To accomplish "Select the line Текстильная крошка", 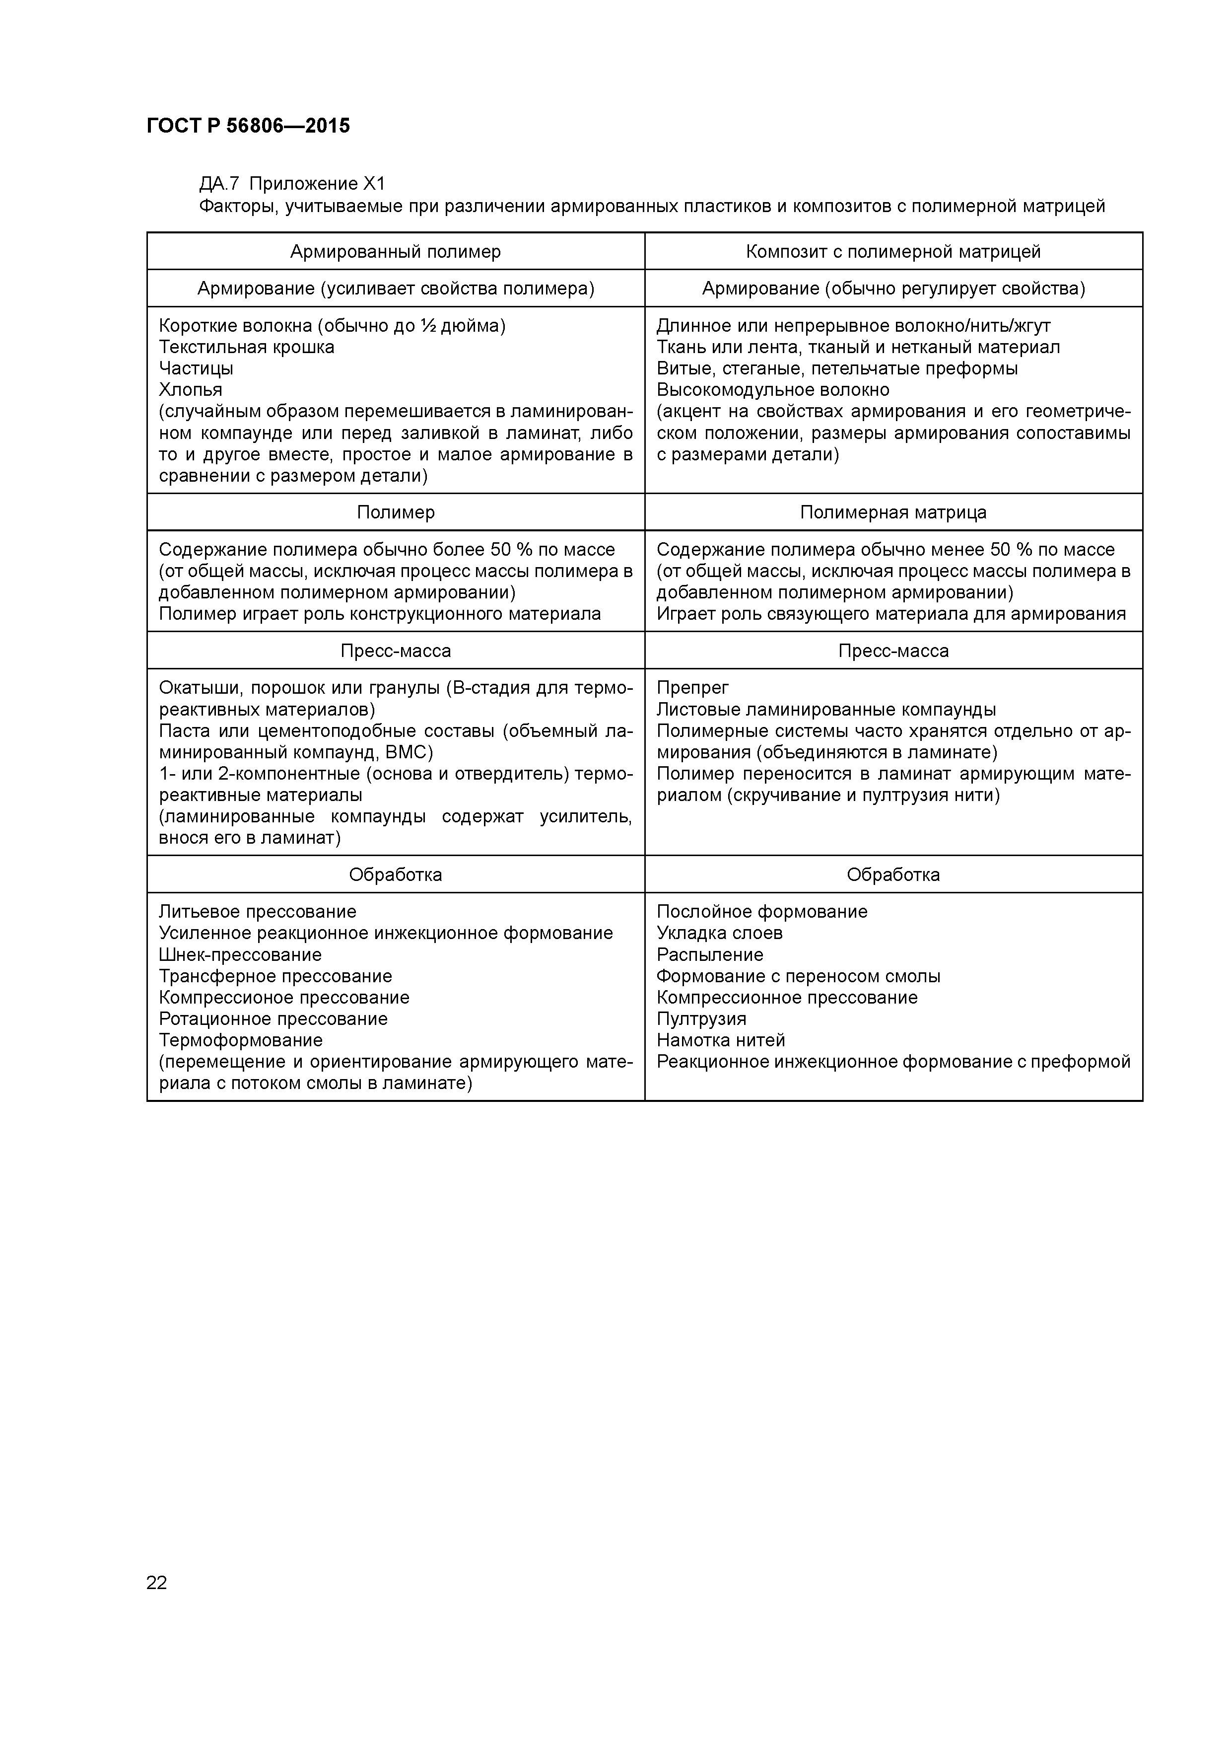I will tap(247, 348).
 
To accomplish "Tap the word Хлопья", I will tap(191, 390).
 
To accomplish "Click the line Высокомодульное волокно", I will tap(772, 390).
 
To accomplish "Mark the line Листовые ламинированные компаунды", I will tap(825, 710).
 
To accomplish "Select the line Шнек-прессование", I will tap(240, 954).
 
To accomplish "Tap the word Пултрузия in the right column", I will tap(701, 1019).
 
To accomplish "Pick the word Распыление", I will tap(709, 954).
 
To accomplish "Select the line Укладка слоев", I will tap(719, 933).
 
